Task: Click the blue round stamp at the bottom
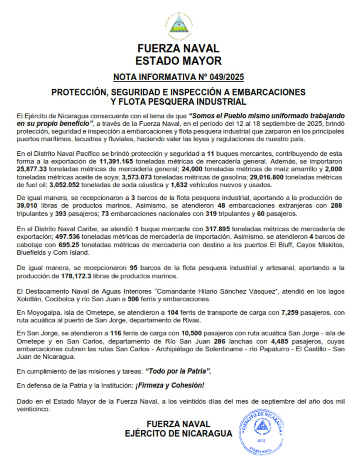tap(261, 431)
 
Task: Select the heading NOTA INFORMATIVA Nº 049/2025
tap(178, 78)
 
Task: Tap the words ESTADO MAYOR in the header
tap(178, 60)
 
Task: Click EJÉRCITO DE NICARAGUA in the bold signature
tap(178, 434)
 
